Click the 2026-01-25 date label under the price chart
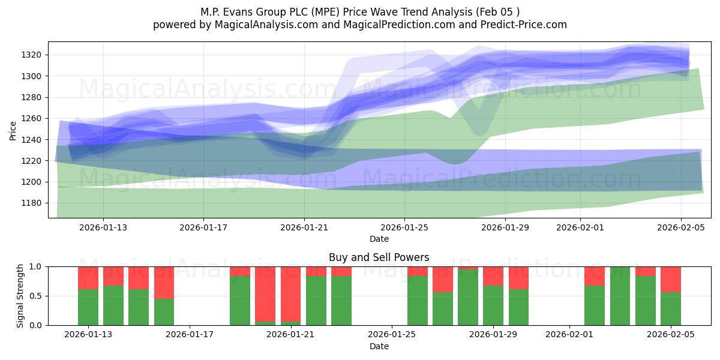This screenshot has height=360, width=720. tap(404, 227)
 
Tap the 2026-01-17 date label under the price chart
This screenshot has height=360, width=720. tap(203, 227)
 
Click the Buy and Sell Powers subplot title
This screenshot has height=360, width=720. tap(379, 257)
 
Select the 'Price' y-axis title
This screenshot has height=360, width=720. tap(13, 130)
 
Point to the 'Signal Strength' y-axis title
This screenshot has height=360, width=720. tap(20, 295)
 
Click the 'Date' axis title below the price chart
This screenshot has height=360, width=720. tap(379, 239)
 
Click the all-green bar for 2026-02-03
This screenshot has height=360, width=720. tap(620, 296)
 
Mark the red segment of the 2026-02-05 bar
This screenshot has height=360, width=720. tap(670, 279)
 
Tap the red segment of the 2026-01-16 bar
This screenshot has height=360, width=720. tap(164, 282)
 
